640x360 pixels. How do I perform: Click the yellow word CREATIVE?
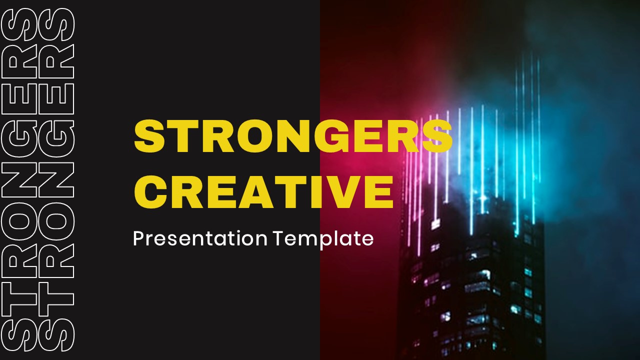tap(263, 191)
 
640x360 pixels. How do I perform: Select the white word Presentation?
tap(200, 238)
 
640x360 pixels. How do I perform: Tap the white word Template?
tap(323, 238)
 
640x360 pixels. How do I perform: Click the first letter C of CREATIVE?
tap(152, 191)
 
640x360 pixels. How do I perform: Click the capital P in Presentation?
tap(138, 238)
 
